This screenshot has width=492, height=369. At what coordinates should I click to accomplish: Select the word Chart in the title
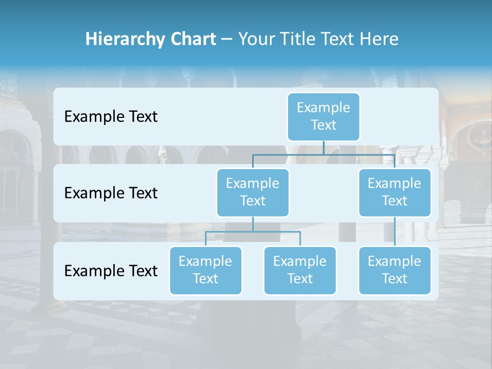pos(191,39)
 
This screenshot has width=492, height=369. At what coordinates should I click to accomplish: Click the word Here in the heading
pos(378,39)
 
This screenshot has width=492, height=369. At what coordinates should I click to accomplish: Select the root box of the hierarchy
pos(323,116)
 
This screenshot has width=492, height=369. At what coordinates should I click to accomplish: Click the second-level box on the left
pos(253,192)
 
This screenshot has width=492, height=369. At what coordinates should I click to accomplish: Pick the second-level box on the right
pos(395,192)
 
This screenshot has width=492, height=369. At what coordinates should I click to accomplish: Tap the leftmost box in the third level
pos(206,270)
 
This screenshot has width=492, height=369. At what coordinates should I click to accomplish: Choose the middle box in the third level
pos(300,270)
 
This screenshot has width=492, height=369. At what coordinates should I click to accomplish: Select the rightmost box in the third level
pos(395,270)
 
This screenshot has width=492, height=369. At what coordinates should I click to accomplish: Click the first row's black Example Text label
pos(111,117)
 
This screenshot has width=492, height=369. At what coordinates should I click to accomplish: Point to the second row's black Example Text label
pos(111,193)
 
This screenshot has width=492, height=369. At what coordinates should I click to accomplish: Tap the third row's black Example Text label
pos(111,271)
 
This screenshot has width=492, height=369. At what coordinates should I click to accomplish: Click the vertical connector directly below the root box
pos(323,148)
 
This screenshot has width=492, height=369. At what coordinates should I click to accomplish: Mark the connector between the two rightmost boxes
pos(395,232)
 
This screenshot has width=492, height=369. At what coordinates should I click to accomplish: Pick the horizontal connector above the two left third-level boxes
pos(253,232)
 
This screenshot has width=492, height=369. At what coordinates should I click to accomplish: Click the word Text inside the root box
pos(323,125)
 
